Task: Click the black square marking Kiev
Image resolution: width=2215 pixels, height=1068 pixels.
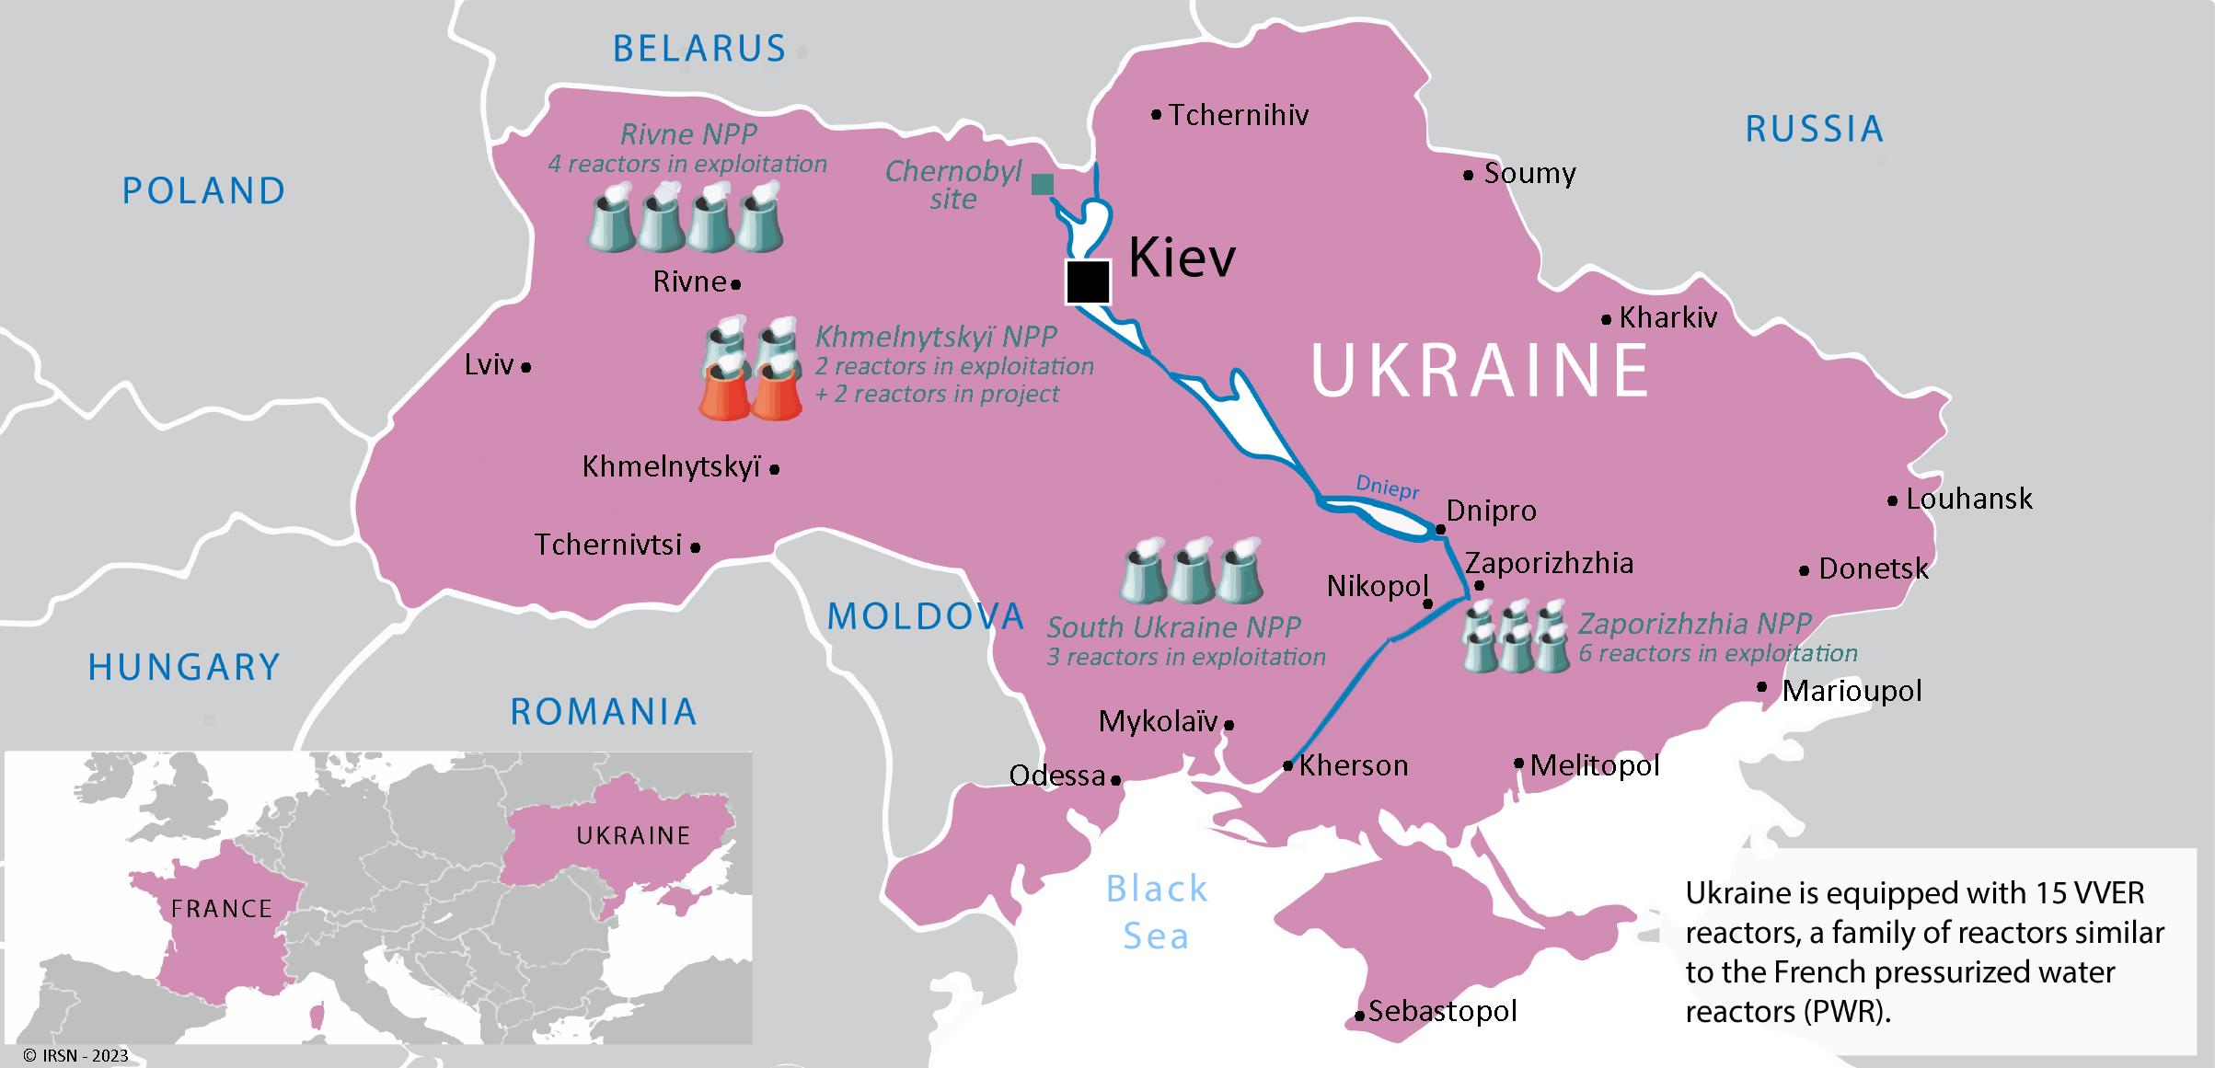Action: coord(1088,281)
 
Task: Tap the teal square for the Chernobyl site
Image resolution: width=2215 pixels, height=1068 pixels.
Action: coord(1042,184)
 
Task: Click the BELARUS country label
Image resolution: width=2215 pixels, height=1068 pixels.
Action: coord(699,49)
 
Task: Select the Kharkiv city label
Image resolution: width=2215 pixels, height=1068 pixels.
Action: coord(1667,318)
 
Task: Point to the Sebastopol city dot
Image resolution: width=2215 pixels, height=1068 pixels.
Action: coord(1359,1016)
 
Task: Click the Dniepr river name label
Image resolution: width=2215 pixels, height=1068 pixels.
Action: coord(1388,488)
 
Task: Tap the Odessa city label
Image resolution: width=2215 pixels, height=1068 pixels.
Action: coord(1056,776)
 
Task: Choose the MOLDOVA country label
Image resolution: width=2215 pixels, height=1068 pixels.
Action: coord(925,616)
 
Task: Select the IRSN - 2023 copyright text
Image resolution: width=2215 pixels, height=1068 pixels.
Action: coord(76,1056)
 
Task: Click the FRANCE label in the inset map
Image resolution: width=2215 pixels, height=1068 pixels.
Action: coord(222,909)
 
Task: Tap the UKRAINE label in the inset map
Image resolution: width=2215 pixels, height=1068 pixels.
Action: coord(633,835)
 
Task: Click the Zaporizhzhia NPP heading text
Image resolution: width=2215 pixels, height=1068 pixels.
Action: coord(1694,624)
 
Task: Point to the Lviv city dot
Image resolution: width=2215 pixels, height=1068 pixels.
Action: coord(526,367)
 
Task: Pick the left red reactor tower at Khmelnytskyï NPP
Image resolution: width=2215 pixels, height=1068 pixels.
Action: coord(725,394)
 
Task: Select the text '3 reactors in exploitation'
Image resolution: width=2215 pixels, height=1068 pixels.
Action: coord(1186,657)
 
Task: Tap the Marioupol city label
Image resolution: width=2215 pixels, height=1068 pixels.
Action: coord(1852,691)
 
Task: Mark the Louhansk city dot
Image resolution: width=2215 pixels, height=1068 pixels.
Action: coord(1892,501)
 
